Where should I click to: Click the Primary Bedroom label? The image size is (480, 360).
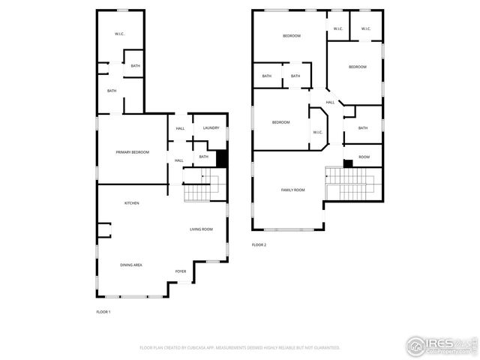click(x=132, y=152)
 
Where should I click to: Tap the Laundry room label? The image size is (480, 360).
click(x=211, y=128)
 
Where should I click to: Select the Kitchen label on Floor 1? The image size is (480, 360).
click(x=131, y=203)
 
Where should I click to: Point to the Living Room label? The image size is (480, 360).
click(x=201, y=229)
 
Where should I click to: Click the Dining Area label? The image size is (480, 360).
click(x=131, y=265)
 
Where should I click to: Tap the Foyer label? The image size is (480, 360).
click(x=181, y=271)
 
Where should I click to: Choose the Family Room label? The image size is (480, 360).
click(x=292, y=190)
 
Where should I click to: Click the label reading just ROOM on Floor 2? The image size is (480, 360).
click(x=364, y=157)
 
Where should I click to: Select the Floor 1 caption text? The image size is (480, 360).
click(x=103, y=311)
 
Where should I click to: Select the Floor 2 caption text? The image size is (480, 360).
click(x=259, y=244)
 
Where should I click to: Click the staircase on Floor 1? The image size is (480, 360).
click(x=199, y=187)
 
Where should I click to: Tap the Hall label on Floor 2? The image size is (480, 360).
click(x=330, y=102)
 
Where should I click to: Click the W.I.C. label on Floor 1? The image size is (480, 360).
click(x=119, y=34)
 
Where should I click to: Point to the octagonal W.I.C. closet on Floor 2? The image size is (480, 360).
click(x=317, y=127)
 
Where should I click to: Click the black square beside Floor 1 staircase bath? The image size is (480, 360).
click(x=221, y=159)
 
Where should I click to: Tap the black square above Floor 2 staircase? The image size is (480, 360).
click(x=348, y=163)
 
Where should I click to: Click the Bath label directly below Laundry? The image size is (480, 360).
click(x=203, y=156)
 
